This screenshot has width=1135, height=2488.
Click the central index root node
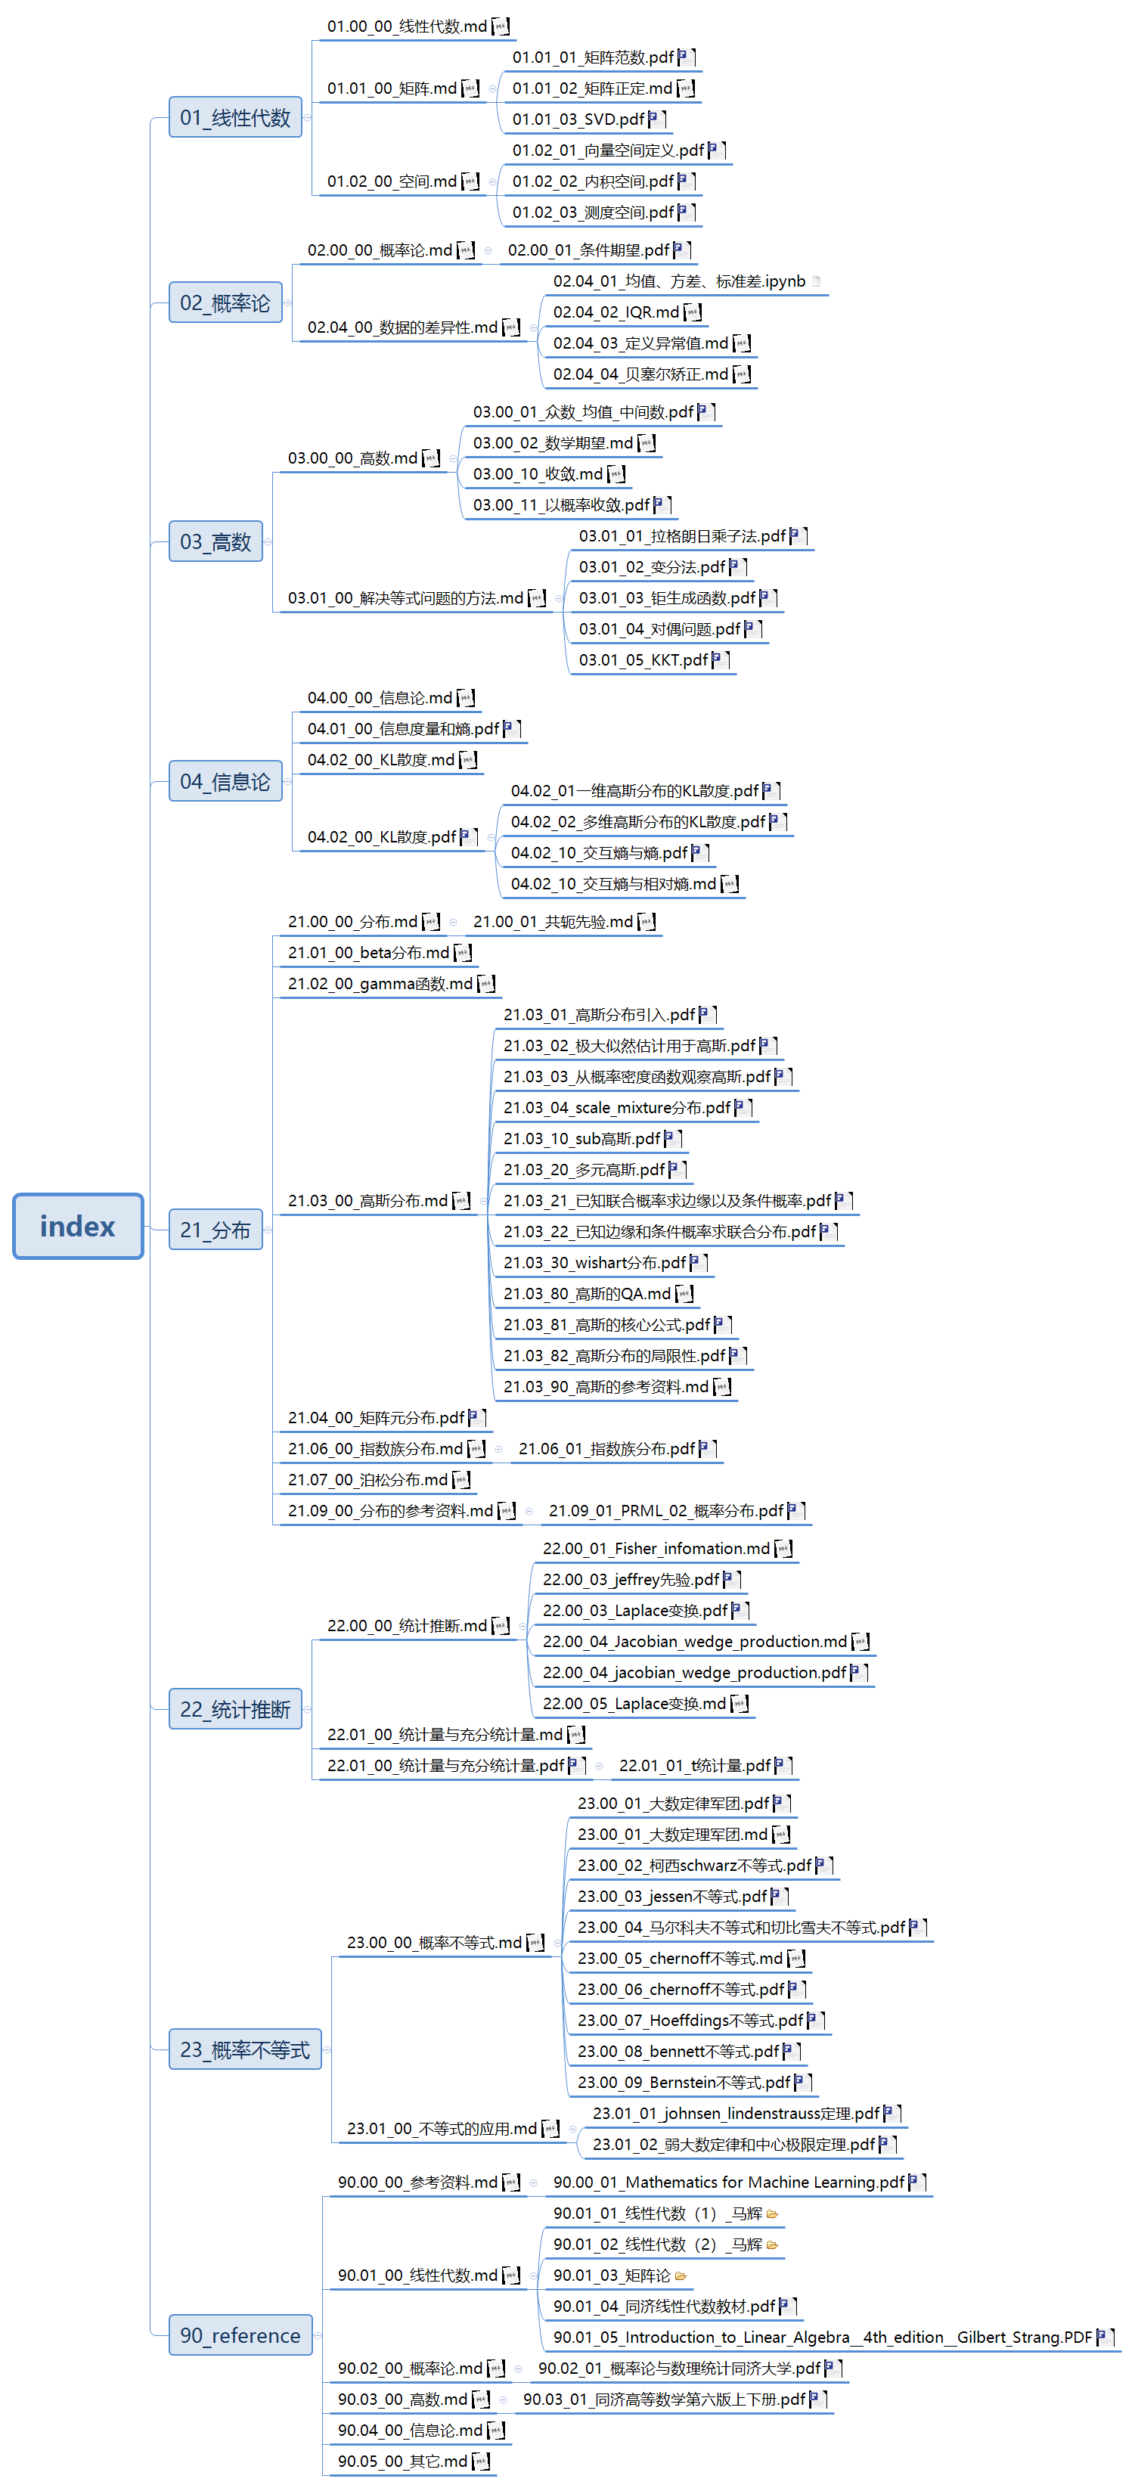click(77, 1226)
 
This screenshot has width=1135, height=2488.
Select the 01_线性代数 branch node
click(234, 118)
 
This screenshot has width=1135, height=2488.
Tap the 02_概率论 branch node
click(225, 303)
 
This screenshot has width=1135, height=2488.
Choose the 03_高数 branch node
click(216, 541)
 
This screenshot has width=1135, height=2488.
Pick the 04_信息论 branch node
click(225, 781)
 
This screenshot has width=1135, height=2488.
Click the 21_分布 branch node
click(216, 1230)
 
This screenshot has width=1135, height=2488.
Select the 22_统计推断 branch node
click(234, 1710)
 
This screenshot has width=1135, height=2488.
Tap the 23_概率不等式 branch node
click(244, 2049)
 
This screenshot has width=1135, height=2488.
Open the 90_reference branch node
click(240, 2335)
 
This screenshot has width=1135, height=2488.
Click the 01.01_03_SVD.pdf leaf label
click(578, 119)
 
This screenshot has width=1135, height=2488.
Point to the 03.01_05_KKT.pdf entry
click(643, 659)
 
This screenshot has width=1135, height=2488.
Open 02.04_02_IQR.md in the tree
click(616, 312)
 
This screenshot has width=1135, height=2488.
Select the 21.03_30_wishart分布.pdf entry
click(594, 1262)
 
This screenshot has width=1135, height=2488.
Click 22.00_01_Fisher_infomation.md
click(656, 1548)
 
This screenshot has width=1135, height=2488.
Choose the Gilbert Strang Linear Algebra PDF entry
click(821, 2338)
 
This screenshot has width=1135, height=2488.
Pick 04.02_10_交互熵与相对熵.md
click(613, 884)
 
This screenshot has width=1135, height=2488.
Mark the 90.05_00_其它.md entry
click(402, 2461)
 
